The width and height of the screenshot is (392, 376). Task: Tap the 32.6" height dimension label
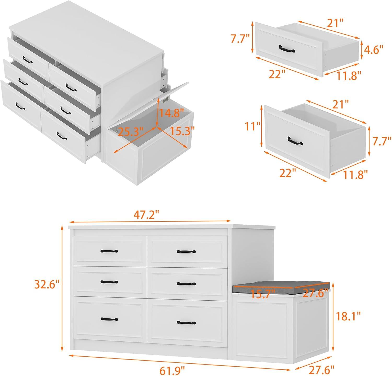pos(47,284)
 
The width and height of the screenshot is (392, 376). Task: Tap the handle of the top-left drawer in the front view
pos(109,251)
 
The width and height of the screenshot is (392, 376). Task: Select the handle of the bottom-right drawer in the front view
pos(186,323)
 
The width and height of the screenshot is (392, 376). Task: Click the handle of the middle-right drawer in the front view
pos(186,284)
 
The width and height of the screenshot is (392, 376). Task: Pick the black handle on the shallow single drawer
pos(287,49)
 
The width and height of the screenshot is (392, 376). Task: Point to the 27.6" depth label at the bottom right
pos(321,370)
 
